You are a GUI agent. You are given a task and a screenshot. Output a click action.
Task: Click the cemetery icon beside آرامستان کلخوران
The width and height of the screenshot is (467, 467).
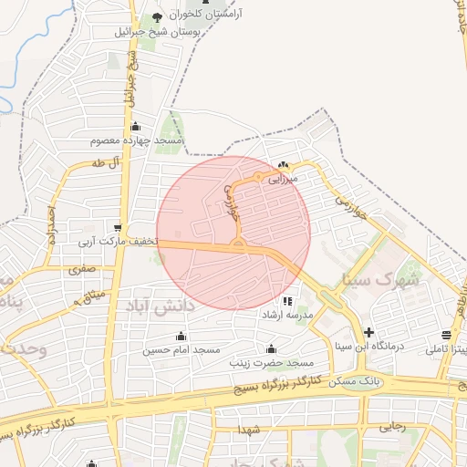157,17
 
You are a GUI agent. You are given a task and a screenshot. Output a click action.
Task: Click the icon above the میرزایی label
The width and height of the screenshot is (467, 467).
283,166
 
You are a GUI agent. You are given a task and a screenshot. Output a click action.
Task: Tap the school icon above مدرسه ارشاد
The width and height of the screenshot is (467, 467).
287,300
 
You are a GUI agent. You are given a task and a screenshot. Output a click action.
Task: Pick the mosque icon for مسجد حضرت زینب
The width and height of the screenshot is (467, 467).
271,348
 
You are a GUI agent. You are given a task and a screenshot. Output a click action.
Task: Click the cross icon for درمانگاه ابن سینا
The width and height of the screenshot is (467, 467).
368,332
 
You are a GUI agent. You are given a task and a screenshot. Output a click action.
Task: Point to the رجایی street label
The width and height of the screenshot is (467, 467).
392,425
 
